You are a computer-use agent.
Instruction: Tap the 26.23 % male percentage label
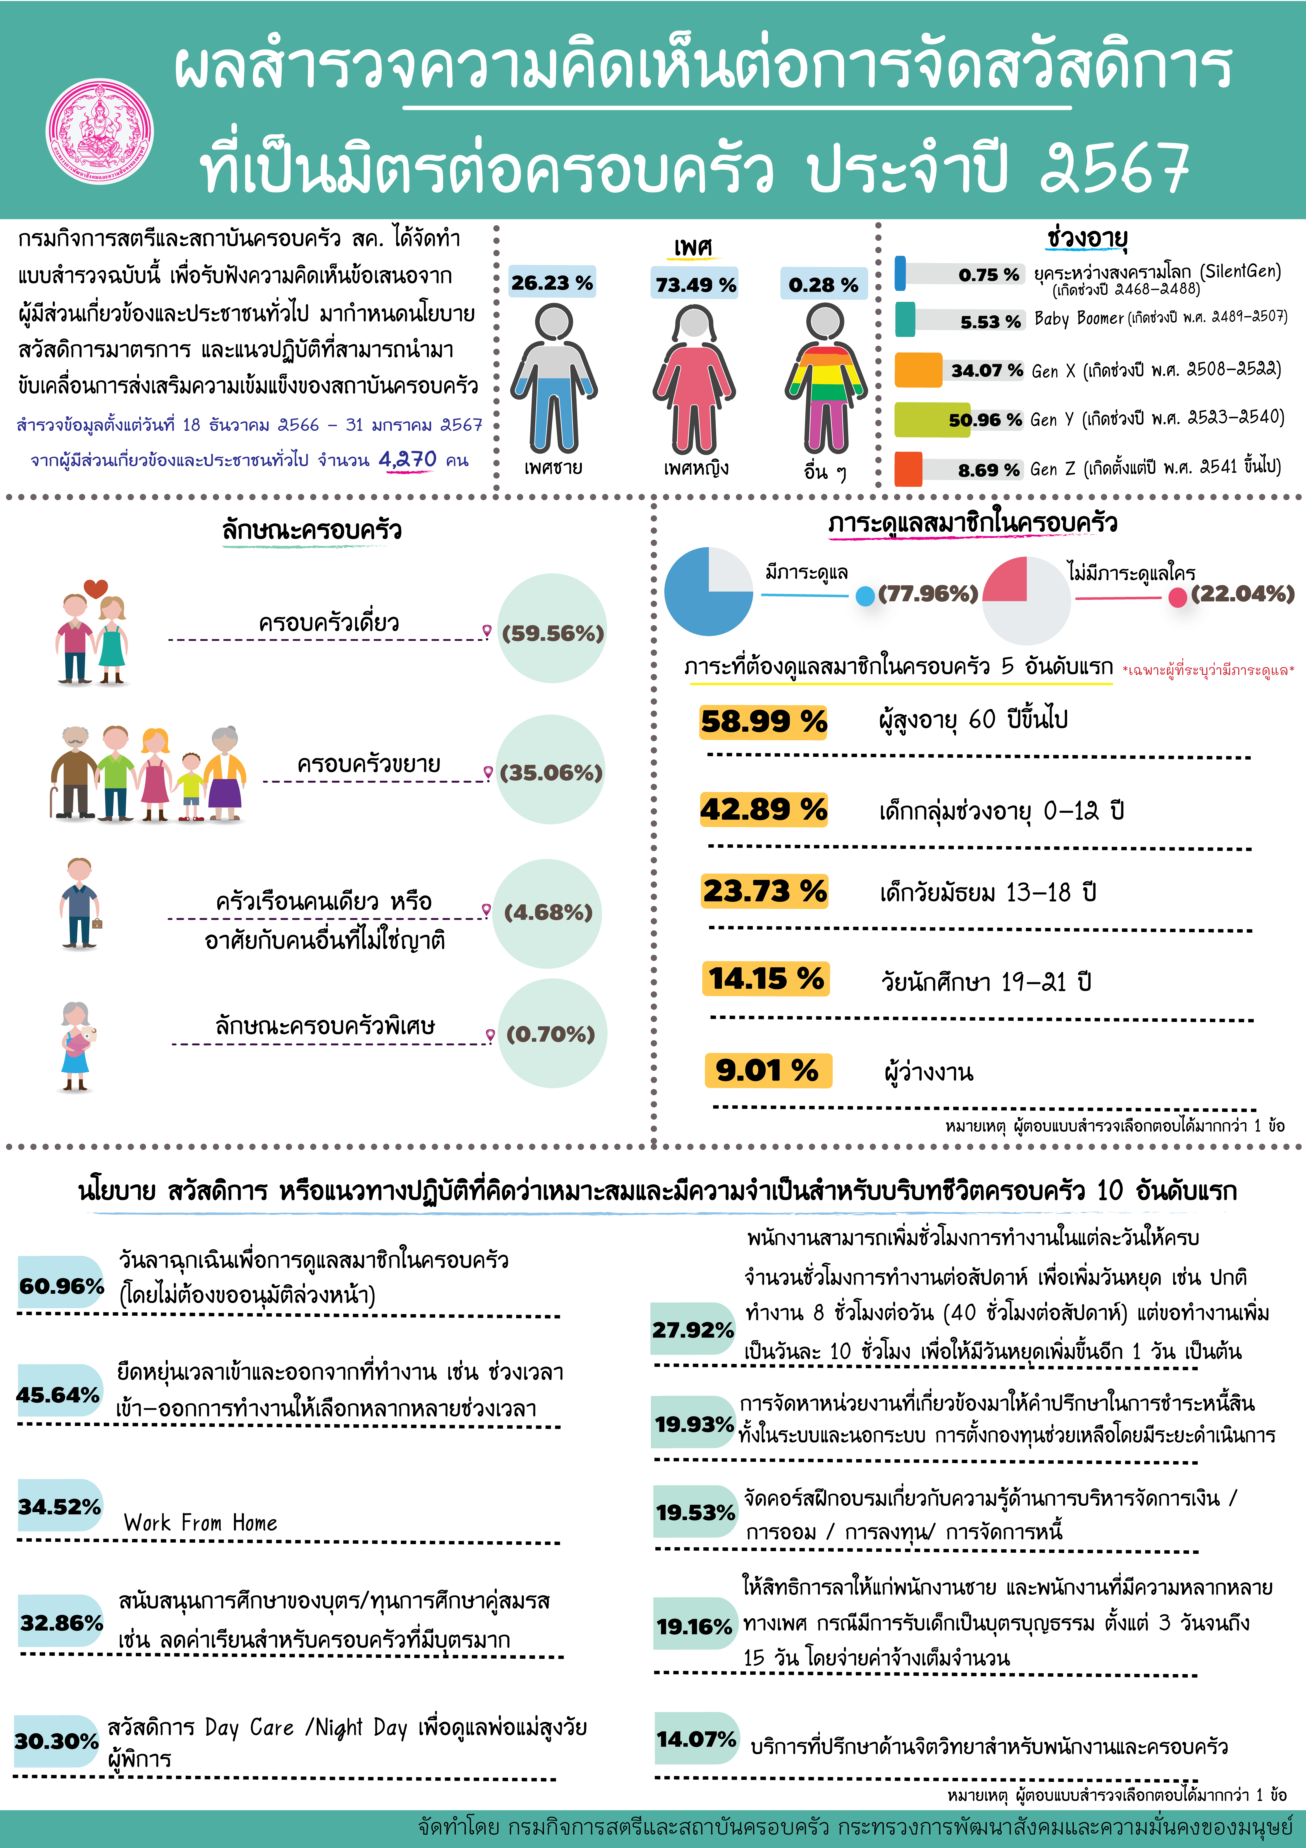(552, 282)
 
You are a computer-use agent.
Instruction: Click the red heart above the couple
(96, 588)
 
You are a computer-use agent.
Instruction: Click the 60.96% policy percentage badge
(61, 1285)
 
